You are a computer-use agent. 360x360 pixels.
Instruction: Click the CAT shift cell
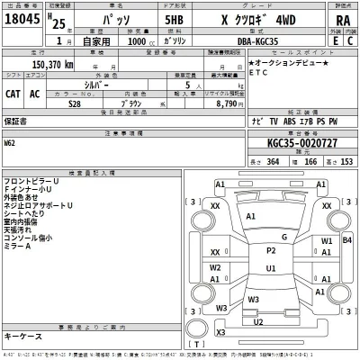[15, 94]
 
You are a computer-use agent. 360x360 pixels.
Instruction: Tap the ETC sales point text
[260, 74]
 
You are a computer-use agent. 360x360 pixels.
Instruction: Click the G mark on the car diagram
[283, 237]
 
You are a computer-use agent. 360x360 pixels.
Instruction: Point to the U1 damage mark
[271, 268]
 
